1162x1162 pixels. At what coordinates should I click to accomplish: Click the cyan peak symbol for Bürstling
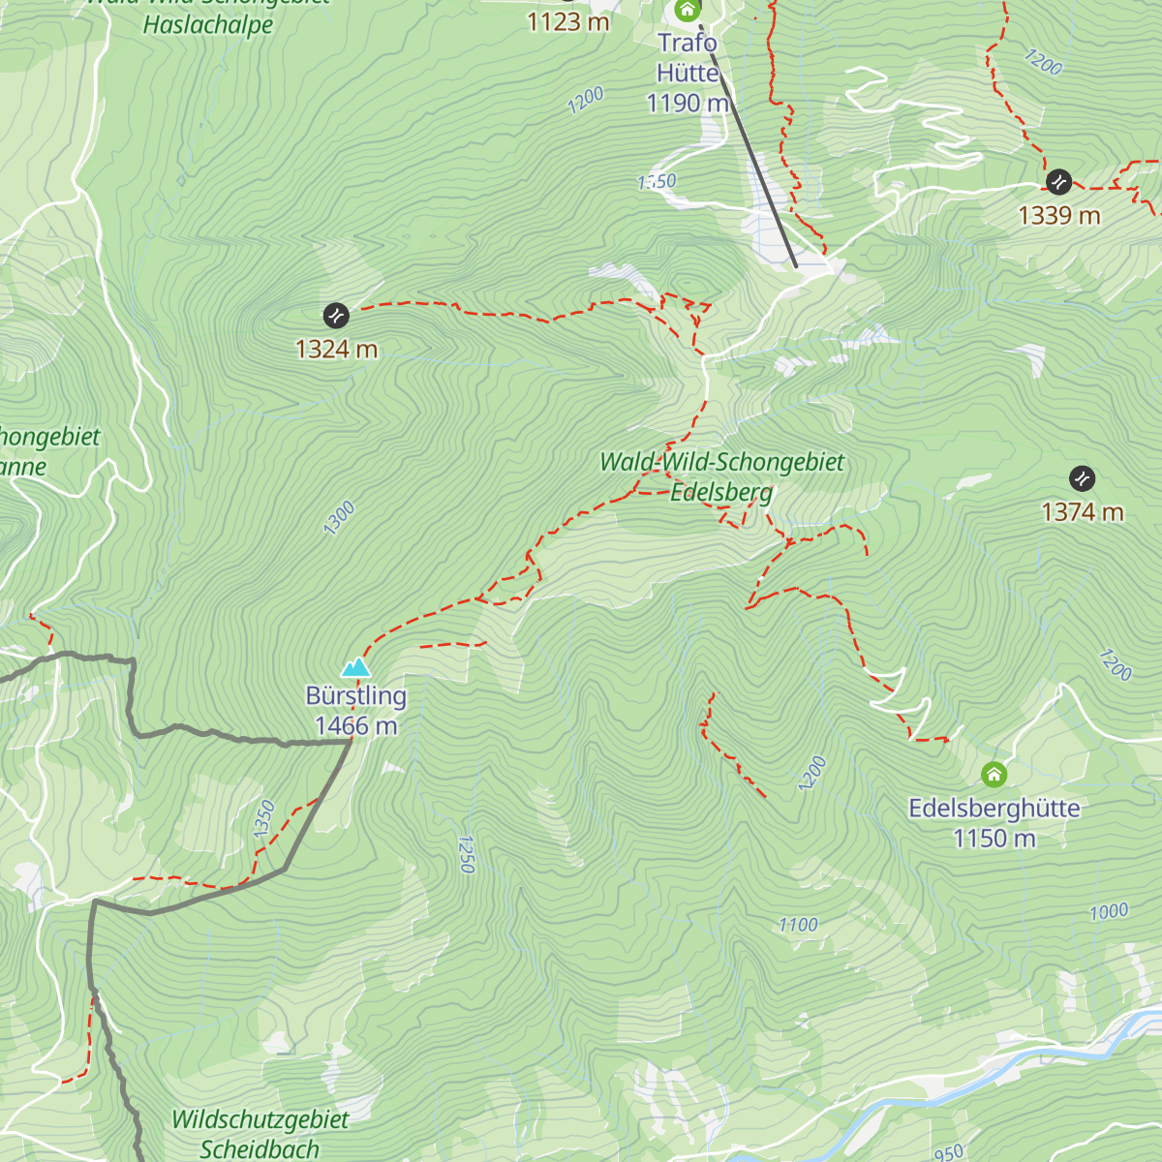[356, 667]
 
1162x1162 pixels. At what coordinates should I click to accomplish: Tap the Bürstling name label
[355, 695]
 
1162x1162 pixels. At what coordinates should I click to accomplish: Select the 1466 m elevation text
[355, 726]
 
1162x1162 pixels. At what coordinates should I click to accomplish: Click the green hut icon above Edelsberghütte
[994, 775]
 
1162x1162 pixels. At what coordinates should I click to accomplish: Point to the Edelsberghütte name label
[994, 808]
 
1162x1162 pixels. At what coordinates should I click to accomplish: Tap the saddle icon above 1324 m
[335, 315]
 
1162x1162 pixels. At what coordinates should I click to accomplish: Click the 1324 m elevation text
[336, 349]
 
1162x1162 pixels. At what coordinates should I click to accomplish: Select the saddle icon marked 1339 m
[1058, 181]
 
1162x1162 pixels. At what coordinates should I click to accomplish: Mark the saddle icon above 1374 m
[1082, 478]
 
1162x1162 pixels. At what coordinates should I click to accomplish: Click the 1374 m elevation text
[1082, 512]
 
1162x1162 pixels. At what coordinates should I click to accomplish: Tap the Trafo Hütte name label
[688, 57]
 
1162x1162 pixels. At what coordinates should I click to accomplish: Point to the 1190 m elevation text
[688, 103]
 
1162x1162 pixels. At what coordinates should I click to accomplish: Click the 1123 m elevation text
[567, 21]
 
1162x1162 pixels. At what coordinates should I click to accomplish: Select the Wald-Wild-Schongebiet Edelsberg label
[721, 476]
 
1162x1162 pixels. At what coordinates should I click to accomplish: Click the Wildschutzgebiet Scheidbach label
[260, 1134]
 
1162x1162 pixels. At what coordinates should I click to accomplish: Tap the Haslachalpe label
[208, 24]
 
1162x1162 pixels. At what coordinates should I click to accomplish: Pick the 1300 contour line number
[339, 518]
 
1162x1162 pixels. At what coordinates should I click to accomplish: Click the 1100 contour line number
[798, 925]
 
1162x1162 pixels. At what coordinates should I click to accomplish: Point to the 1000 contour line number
[1109, 911]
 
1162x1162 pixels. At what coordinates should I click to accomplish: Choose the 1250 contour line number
[466, 854]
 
